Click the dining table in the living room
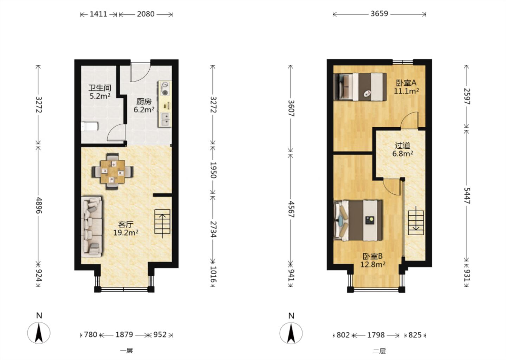112,172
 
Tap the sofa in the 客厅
91,226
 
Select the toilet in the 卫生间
90,126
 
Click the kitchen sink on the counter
165,119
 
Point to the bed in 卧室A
360,87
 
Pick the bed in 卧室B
358,220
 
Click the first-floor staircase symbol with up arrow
162,222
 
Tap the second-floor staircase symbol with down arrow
416,223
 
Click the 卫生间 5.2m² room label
100,92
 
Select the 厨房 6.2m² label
144,105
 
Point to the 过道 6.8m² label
403,149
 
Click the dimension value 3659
379,14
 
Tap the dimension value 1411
98,14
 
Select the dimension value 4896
39,205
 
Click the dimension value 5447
467,196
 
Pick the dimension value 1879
124,334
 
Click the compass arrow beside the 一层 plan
39,333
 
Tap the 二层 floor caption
379,351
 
